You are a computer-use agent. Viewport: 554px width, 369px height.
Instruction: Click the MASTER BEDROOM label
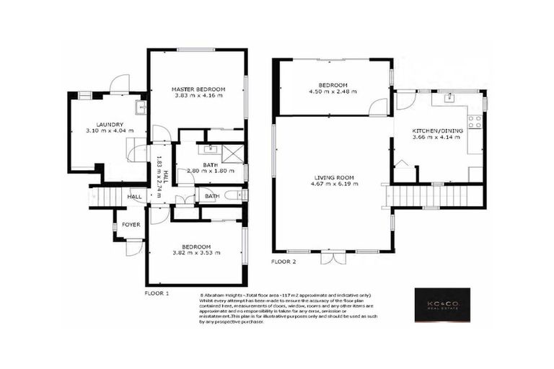tap(198, 89)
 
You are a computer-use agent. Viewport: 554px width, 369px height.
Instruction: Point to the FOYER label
tap(131, 225)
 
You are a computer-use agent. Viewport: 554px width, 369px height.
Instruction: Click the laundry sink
tap(141, 107)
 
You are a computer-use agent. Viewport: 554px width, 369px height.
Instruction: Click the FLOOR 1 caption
tap(157, 293)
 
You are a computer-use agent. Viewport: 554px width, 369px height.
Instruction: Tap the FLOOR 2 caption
tap(283, 261)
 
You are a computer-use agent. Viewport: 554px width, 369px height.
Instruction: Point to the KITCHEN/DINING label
tap(438, 131)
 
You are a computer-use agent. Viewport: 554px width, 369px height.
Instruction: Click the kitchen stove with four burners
tap(475, 122)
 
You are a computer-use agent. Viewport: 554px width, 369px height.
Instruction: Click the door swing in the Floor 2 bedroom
tap(377, 108)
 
